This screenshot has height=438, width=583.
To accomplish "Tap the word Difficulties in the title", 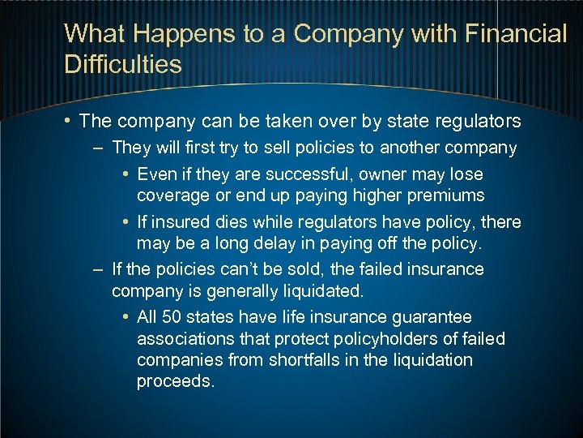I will [x=122, y=64].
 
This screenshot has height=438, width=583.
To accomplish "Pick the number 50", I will [x=171, y=317].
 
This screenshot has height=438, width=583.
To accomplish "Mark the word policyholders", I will [x=380, y=338].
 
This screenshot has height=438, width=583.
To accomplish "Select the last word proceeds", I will [x=175, y=381].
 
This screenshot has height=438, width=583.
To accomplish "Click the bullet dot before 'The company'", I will [x=70, y=122].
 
